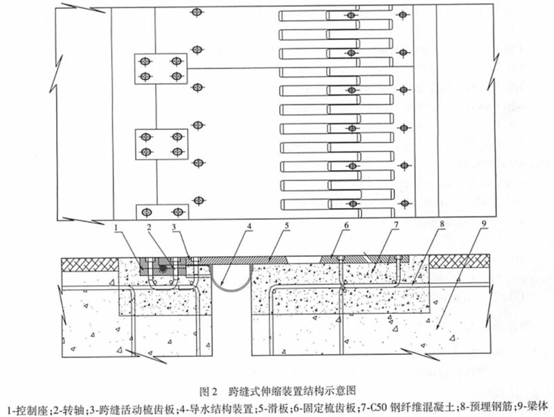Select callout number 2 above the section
149,228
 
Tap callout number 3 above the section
174,228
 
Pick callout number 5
287,225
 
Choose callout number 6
346,225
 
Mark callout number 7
396,224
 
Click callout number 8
442,223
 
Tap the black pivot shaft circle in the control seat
163,268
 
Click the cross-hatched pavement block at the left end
90,264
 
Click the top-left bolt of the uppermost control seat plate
144,62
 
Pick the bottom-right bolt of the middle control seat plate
177,151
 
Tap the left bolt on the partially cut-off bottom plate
146,212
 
